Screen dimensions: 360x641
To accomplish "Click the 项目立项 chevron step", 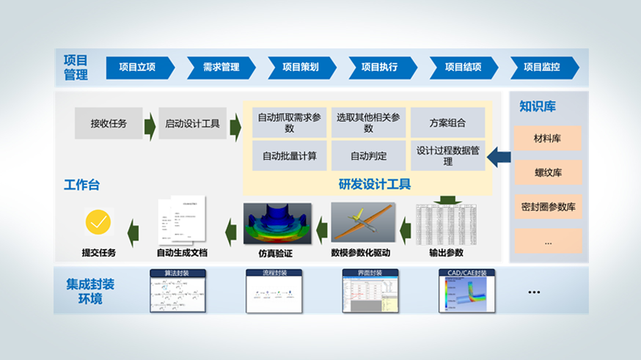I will [138, 67].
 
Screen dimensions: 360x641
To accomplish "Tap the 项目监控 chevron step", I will [542, 67].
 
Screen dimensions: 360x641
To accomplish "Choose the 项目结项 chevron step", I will [463, 67].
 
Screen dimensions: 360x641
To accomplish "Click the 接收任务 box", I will [109, 123].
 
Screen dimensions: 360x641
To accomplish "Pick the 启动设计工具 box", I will [192, 123].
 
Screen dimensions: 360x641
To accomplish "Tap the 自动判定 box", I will [368, 156].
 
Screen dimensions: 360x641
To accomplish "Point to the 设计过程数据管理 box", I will [447, 155].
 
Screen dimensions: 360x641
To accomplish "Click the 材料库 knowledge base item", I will [548, 139].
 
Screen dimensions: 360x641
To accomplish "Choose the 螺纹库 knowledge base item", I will [548, 173].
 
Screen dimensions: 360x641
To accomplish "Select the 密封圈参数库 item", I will [548, 207].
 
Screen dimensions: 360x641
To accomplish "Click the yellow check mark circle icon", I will [98, 221].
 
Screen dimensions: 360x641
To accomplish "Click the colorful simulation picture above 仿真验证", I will [277, 223].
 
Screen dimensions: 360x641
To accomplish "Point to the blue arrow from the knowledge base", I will [499, 155].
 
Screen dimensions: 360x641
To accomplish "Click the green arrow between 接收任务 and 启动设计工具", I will [150, 126].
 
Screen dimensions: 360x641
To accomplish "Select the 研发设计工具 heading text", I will [375, 184].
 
